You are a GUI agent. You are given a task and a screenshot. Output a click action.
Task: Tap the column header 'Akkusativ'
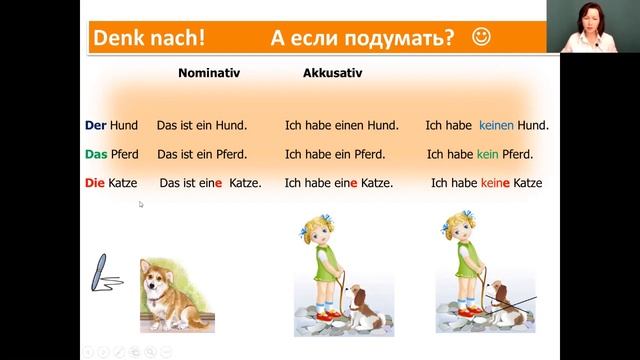(332, 74)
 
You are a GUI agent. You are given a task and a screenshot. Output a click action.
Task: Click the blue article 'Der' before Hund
(96, 126)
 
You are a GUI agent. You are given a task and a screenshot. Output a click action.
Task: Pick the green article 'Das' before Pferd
(96, 155)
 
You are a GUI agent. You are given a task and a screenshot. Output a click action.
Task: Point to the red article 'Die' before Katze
(96, 184)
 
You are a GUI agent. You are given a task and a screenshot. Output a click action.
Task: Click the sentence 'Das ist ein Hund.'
(202, 126)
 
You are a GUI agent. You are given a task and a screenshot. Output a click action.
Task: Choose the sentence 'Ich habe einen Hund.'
(342, 126)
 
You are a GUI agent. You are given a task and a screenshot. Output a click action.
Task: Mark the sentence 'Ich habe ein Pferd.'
(339, 155)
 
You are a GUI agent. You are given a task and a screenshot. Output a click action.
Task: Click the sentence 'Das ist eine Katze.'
(210, 184)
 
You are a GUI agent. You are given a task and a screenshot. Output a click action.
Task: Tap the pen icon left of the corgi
(103, 274)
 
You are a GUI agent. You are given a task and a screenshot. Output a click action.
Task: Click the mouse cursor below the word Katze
(141, 204)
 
